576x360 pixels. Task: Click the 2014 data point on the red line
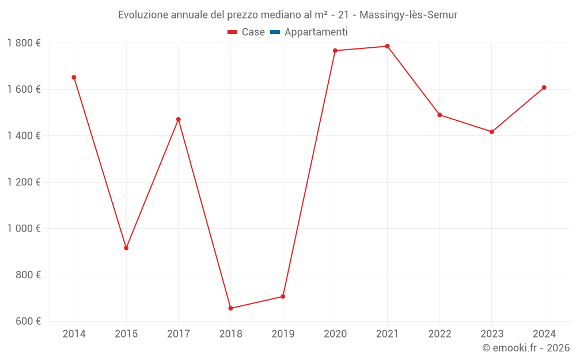74,77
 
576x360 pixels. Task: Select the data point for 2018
230,308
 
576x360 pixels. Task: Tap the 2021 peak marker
387,46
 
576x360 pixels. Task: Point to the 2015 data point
126,248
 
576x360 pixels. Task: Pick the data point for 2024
544,88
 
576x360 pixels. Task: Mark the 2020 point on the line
335,51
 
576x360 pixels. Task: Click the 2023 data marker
491,132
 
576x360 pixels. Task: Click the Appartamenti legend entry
316,32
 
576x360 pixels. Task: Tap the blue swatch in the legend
275,32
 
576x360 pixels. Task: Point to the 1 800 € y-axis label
24,43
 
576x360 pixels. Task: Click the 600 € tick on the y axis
28,321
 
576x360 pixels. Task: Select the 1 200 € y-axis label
24,182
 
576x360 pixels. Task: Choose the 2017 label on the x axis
179,334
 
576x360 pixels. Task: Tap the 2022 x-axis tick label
439,334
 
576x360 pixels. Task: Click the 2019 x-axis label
283,334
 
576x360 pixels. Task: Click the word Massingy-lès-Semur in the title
408,15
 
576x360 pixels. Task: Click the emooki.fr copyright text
525,348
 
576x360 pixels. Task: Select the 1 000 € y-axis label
24,228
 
